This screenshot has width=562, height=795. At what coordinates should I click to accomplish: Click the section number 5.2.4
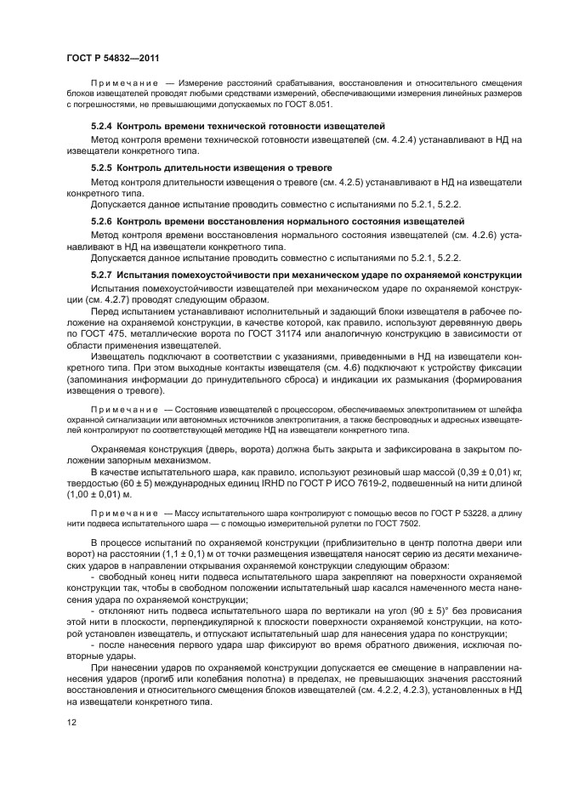click(x=102, y=125)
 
